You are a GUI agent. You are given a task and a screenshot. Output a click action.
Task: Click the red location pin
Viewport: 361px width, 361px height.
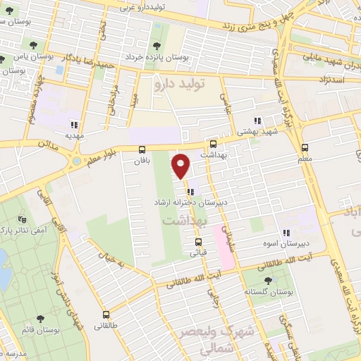(181, 166)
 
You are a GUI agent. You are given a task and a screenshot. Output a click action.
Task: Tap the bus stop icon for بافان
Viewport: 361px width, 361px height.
(142, 149)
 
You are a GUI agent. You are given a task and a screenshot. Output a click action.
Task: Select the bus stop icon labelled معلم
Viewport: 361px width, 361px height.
(305, 148)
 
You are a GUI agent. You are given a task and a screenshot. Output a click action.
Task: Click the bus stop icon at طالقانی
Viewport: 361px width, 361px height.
(106, 315)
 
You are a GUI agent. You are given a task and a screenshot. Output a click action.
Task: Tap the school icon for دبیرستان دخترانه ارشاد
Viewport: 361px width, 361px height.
(190, 191)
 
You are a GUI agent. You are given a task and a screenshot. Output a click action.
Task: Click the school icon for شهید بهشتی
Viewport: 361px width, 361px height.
(258, 121)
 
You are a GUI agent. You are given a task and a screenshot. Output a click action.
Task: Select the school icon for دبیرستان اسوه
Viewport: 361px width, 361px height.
(286, 233)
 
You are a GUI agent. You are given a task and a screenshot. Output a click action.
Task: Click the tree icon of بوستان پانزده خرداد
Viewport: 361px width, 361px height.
(155, 46)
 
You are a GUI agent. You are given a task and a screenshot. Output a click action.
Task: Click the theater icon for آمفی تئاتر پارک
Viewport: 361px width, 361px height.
(22, 220)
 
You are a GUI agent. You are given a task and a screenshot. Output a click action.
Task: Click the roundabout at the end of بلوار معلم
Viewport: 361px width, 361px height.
(75, 164)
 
